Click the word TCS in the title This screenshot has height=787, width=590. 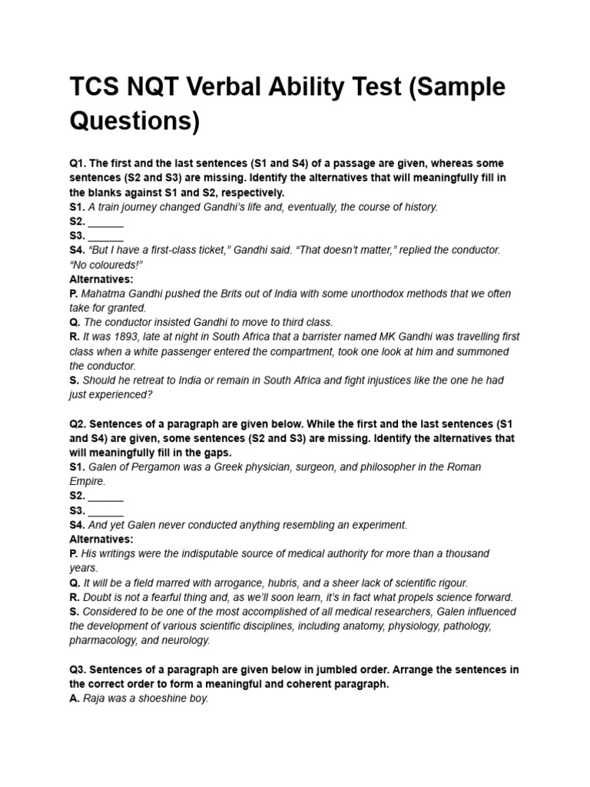tap(96, 88)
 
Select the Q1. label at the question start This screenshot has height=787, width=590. tap(78, 164)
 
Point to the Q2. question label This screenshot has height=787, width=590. tap(78, 424)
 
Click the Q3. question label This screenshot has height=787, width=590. tap(78, 670)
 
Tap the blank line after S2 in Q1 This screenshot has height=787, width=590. tap(105, 222)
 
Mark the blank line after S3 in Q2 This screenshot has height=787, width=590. tap(105, 511)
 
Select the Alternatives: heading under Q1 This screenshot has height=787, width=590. tap(101, 280)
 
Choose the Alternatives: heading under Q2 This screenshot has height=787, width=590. tap(101, 540)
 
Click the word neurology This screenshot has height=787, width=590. tap(187, 640)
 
